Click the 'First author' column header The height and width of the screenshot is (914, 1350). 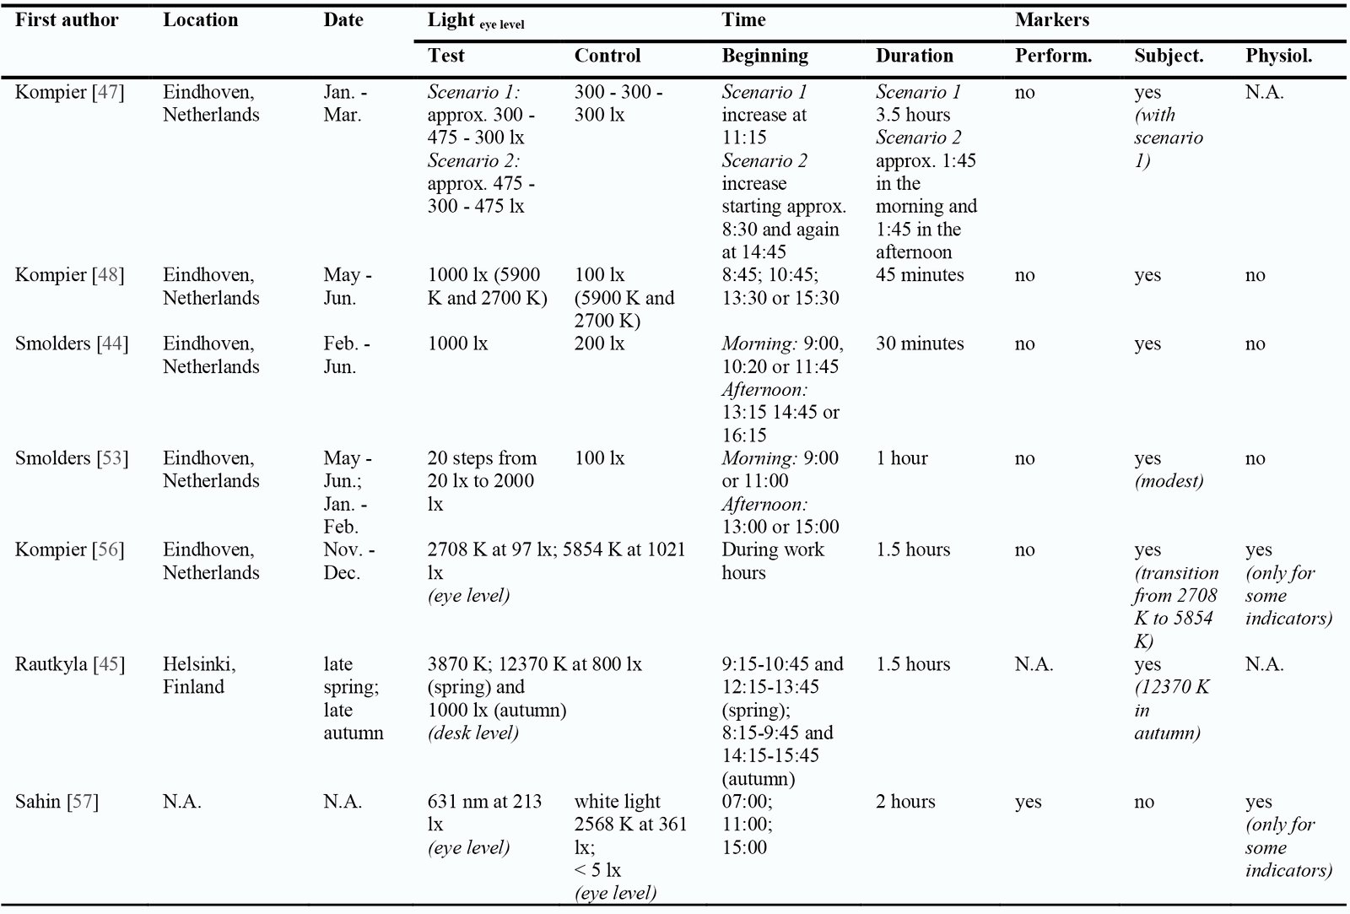point(67,20)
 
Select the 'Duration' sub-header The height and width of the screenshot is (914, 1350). point(915,56)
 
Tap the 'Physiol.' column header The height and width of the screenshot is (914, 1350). point(1278,56)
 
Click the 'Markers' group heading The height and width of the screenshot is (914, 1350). point(1051,20)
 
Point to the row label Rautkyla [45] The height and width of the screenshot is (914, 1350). point(69,664)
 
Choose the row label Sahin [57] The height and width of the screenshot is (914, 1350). point(57,801)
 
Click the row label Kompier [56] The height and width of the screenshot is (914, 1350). point(69,549)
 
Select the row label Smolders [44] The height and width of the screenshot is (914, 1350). point(71,343)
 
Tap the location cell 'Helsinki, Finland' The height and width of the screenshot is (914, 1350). point(199,675)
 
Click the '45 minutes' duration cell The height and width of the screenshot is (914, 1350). point(920,274)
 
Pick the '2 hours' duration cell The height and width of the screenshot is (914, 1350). point(905,801)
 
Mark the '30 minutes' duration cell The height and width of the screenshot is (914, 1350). point(920,343)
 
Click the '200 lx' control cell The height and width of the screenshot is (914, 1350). point(599,343)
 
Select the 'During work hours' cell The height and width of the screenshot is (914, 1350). point(773,560)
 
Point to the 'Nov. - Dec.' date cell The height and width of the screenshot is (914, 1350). point(349,560)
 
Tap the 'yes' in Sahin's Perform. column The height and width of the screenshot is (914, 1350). point(1028,802)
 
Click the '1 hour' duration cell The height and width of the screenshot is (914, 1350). point(902,457)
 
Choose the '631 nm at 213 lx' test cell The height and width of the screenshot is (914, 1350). point(484,813)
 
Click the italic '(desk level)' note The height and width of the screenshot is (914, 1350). point(473,733)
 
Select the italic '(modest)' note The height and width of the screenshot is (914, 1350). point(1169,480)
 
